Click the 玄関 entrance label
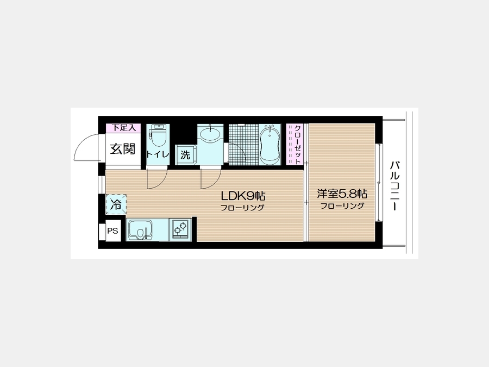coord(123,149)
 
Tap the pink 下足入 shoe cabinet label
coord(123,128)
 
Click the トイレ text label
coord(158,154)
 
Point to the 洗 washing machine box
coord(185,154)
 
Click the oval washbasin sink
coord(210,134)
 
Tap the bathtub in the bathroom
coord(269,145)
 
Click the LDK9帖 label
coord(243,196)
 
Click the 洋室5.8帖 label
coord(342,194)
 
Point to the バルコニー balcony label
coord(394,186)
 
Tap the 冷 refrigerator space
coord(116,204)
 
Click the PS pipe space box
coord(113,231)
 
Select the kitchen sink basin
coord(140,230)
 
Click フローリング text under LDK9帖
coord(242,208)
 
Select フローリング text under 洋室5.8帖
coord(342,206)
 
